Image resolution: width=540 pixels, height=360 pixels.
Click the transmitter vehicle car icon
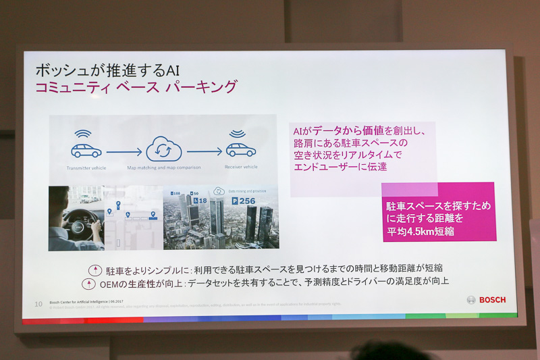pyautogui.click(x=86, y=150)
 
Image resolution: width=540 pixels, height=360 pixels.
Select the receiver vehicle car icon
pyautogui.click(x=240, y=149)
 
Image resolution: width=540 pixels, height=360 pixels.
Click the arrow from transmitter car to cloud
pyautogui.click(x=124, y=151)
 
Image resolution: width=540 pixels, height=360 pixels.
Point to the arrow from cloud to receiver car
pyautogui.click(x=204, y=151)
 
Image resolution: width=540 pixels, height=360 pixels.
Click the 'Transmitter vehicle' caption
pyautogui.click(x=86, y=167)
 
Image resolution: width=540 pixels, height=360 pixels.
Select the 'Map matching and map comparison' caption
pyautogui.click(x=164, y=167)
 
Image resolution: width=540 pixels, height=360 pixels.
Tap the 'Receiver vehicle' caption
pyautogui.click(x=241, y=166)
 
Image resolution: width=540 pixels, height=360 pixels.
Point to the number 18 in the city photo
pyautogui.click(x=200, y=201)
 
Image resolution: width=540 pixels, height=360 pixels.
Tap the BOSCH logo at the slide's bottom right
pyautogui.click(x=486, y=299)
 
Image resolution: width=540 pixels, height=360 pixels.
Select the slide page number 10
pyautogui.click(x=38, y=304)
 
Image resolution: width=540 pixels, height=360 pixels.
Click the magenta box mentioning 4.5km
pyautogui.click(x=439, y=213)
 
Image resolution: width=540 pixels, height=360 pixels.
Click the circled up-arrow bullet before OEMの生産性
pyautogui.click(x=86, y=282)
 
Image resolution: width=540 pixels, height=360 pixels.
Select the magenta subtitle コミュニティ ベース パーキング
pyautogui.click(x=136, y=88)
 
